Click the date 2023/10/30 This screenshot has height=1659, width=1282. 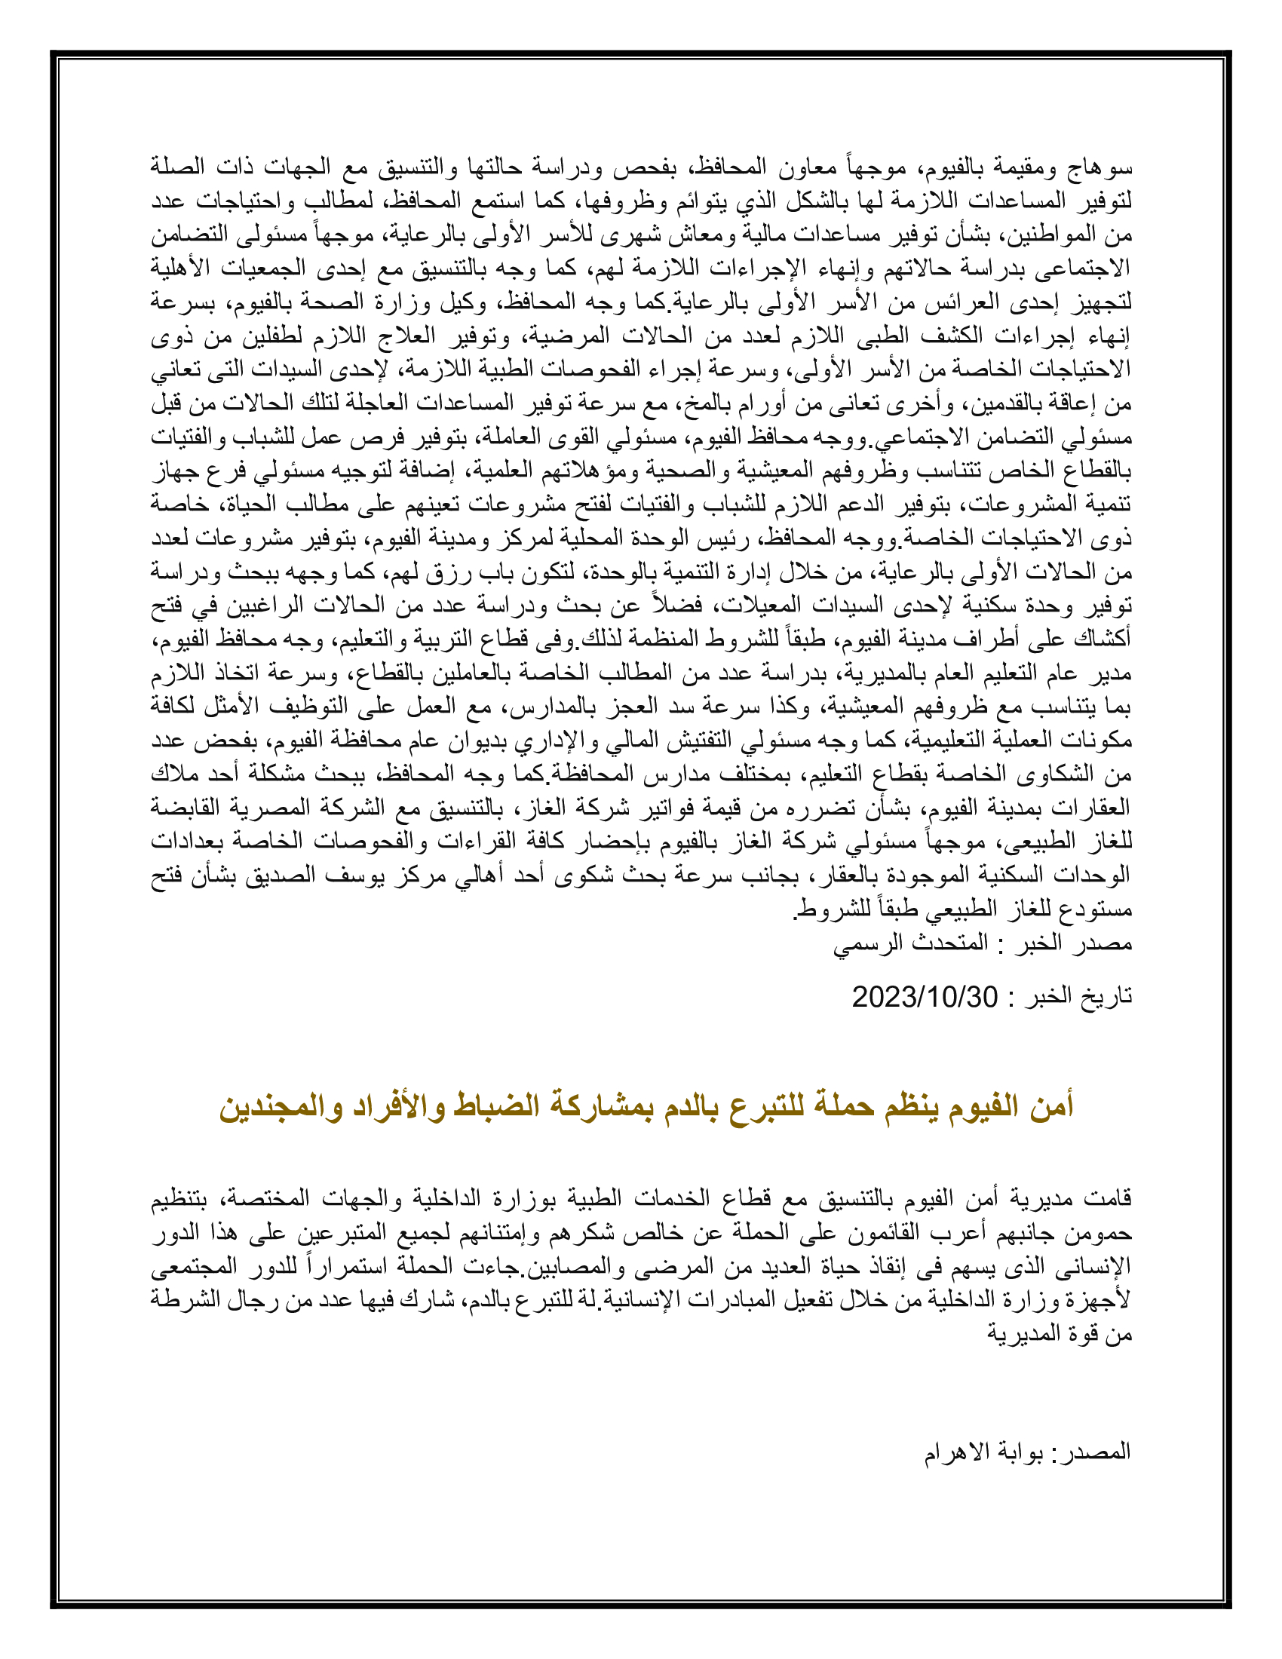coord(925,997)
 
